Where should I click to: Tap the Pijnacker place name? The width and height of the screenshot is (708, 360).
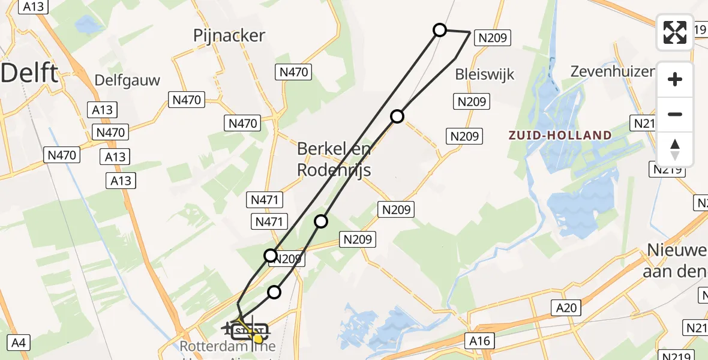pos(229,35)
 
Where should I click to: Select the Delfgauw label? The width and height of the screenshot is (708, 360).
pos(127,80)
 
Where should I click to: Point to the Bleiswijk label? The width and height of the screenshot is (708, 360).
pos(485,74)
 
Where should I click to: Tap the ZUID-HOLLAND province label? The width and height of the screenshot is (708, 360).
pos(560,135)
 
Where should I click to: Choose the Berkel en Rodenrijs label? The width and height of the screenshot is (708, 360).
pos(334,160)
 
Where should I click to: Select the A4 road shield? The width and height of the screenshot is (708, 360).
pos(19,343)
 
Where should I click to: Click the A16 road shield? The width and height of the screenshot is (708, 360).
pos(479,341)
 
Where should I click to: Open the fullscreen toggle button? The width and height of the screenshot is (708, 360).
pos(675,32)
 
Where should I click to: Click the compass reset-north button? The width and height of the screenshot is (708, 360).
pos(675,149)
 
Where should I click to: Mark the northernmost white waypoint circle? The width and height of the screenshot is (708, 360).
pos(440,30)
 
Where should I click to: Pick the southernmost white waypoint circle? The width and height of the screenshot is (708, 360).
pos(274,292)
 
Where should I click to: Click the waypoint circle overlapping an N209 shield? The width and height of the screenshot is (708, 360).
pos(271,256)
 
